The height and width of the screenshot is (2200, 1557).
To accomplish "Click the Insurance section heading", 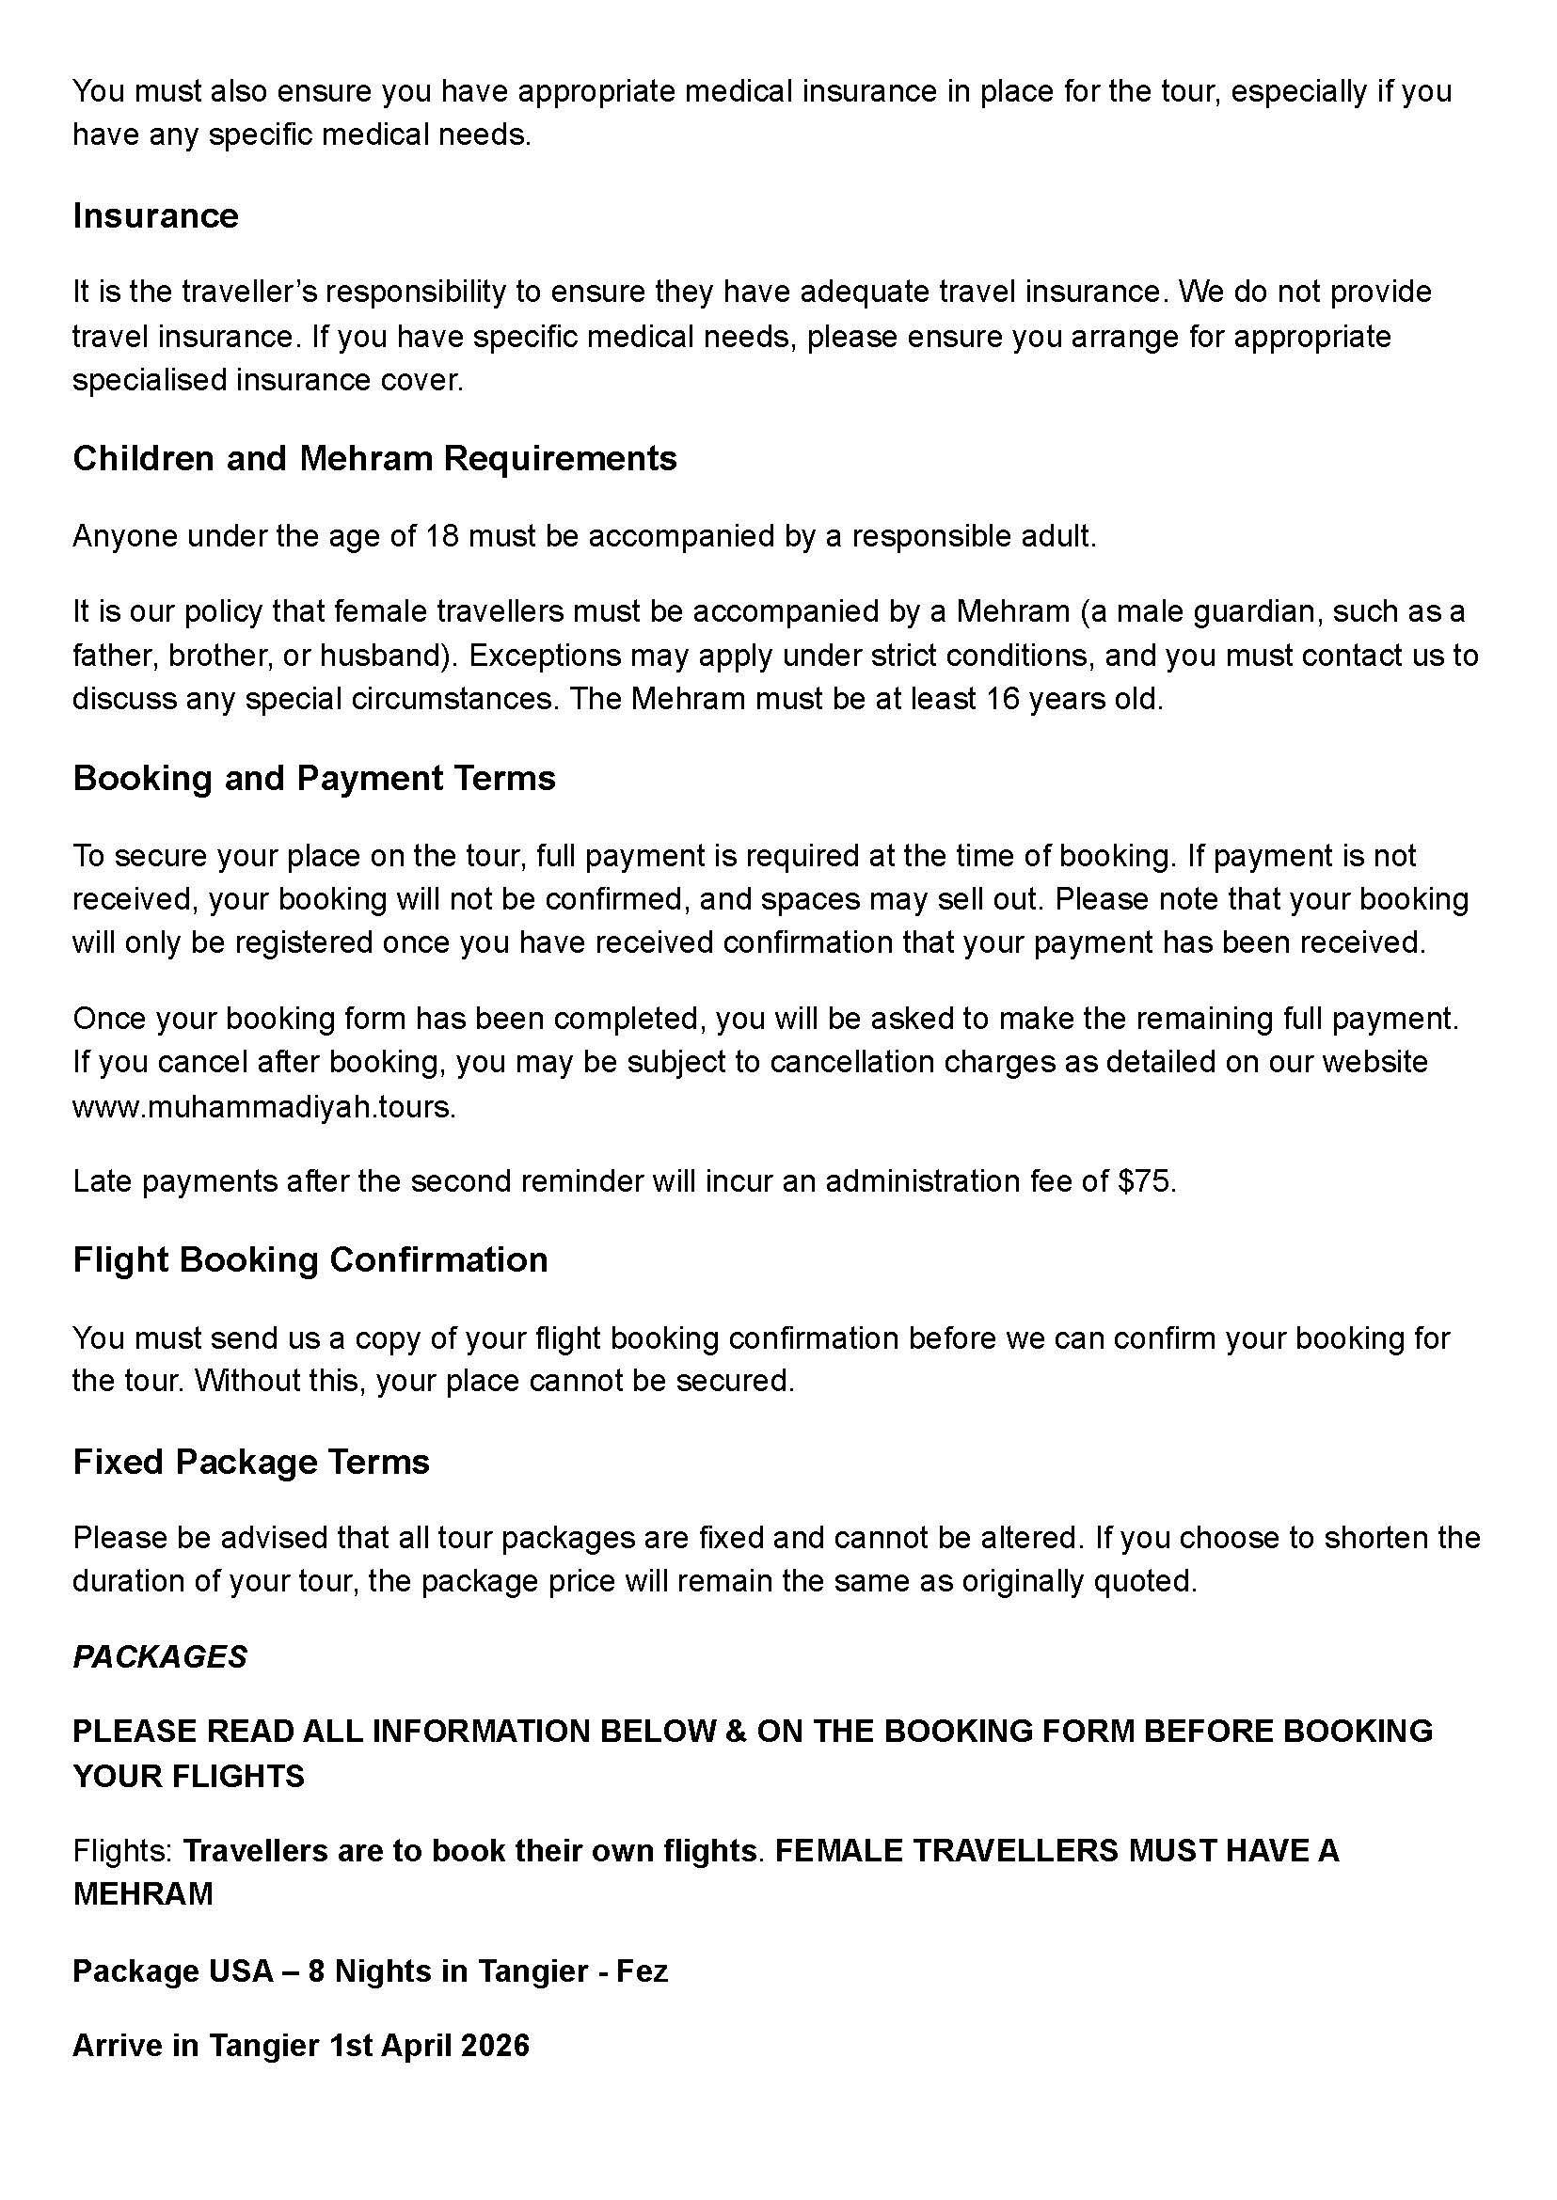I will (155, 214).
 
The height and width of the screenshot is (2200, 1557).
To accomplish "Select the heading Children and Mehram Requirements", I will (374, 458).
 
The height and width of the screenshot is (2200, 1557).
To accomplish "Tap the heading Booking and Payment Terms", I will (313, 778).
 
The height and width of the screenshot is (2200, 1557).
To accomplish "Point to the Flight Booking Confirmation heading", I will (310, 1259).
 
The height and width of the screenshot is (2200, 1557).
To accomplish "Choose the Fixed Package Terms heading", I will (251, 1461).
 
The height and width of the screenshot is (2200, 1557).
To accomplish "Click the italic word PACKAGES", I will (160, 1656).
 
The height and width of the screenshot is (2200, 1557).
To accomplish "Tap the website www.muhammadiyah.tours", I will (263, 1107).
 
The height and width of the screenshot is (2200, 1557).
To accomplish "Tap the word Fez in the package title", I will (642, 1971).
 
